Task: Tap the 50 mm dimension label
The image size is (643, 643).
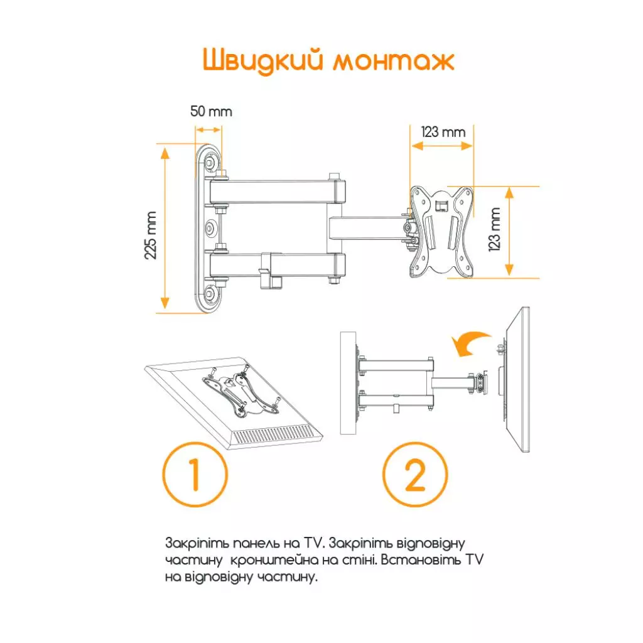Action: pyautogui.click(x=211, y=112)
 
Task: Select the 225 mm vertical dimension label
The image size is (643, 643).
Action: pyautogui.click(x=151, y=235)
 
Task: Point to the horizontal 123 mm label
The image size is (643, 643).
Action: pyautogui.click(x=443, y=132)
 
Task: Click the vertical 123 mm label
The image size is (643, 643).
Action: pyautogui.click(x=494, y=229)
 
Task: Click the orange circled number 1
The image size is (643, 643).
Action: pyautogui.click(x=195, y=475)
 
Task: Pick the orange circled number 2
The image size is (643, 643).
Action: pyautogui.click(x=415, y=475)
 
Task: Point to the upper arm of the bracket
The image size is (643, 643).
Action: pyautogui.click(x=279, y=192)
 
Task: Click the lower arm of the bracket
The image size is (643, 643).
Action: pyautogui.click(x=279, y=264)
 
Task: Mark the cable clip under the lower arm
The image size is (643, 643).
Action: pyautogui.click(x=270, y=271)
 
